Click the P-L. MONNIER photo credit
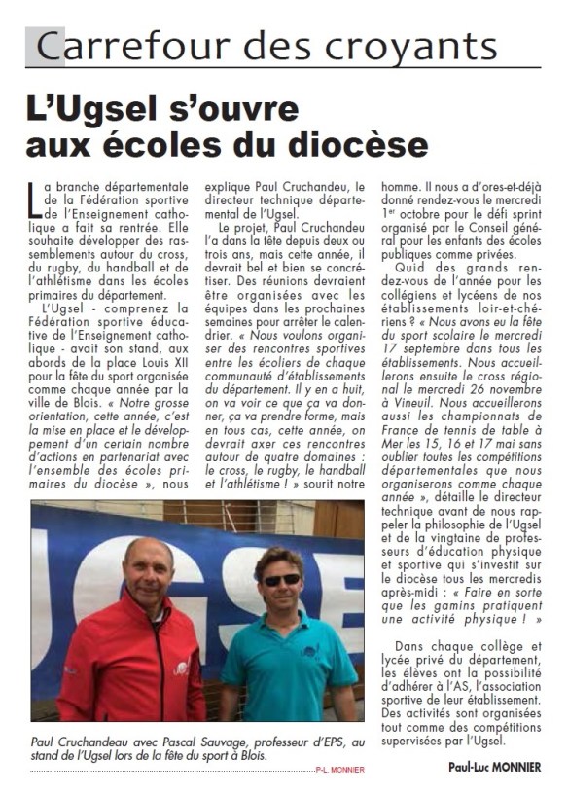(338, 770)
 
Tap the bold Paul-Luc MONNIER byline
(494, 767)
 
